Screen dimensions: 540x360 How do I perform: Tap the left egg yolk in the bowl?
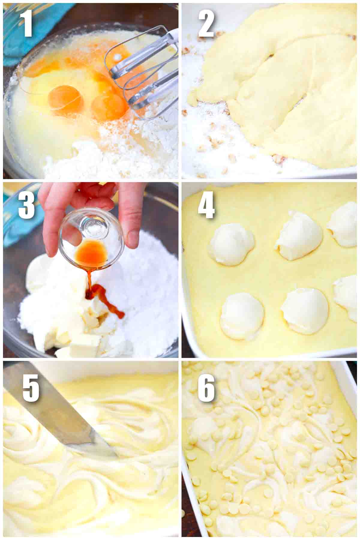(x=64, y=99)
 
